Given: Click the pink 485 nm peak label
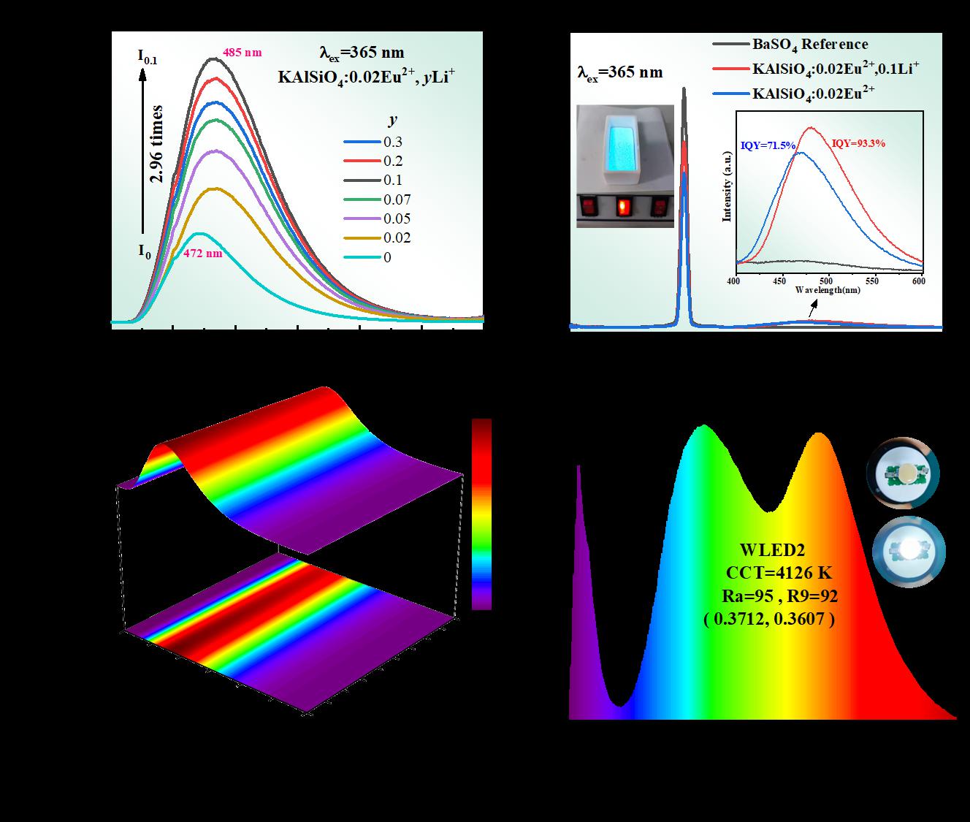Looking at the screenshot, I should (x=241, y=53).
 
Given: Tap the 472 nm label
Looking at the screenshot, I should (x=202, y=254).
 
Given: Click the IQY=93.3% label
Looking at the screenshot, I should (x=858, y=144).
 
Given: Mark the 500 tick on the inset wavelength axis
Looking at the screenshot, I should (x=827, y=281).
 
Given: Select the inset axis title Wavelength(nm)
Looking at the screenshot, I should (x=828, y=290).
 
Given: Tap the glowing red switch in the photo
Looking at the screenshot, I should (x=622, y=208).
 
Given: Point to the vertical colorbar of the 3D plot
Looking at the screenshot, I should (x=481, y=514).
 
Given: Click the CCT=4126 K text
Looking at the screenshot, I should (x=779, y=572).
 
